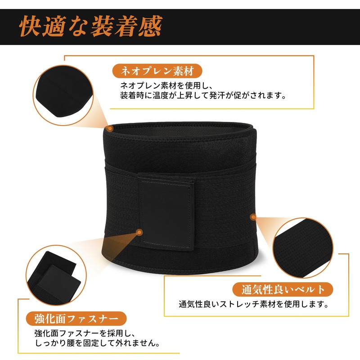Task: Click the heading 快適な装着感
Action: [x=90, y=27]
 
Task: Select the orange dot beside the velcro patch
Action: [x=139, y=232]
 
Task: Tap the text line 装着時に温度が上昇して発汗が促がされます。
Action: [x=203, y=95]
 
